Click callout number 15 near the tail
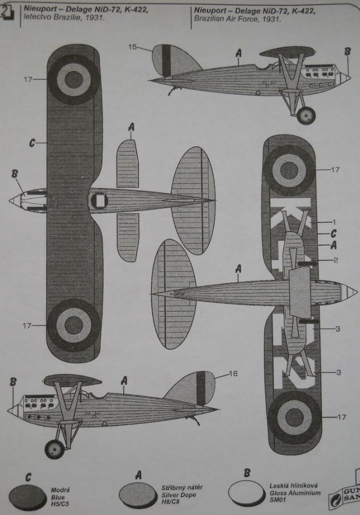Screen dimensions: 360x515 [133, 47]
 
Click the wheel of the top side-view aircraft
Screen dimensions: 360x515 [307, 115]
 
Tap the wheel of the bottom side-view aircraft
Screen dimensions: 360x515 [55, 449]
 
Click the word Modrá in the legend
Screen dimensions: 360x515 [60, 490]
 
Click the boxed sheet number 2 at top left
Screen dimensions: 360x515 [7, 10]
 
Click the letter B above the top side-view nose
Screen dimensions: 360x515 [347, 52]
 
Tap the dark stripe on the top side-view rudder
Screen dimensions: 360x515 [166, 60]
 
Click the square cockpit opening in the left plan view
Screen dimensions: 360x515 [98, 200]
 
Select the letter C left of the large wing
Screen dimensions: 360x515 [32, 143]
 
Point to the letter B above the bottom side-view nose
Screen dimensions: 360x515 [13, 383]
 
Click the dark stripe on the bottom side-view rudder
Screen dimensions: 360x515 [201, 388]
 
